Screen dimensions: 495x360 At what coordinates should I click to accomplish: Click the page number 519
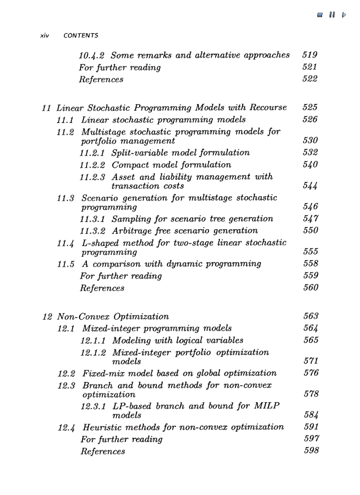point(310,55)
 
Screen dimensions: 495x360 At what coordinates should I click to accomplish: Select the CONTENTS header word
point(81,36)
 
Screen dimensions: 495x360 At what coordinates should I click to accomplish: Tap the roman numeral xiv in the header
point(44,36)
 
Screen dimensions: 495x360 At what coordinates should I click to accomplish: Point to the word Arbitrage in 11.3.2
point(131,231)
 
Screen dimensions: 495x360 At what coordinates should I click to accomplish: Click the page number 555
point(311,252)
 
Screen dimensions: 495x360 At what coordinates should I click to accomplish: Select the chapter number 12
point(48,317)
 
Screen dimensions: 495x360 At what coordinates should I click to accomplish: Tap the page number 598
point(311,450)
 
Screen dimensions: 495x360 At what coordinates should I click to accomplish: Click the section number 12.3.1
point(94,406)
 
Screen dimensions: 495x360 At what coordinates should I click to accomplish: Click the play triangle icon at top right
point(344,15)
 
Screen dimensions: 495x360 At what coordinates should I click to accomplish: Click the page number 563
point(311,316)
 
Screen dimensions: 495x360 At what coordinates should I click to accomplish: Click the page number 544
point(311,186)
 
